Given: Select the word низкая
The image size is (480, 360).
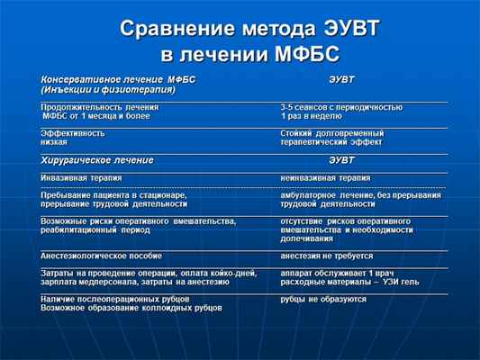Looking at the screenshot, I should pyautogui.click(x=53, y=142).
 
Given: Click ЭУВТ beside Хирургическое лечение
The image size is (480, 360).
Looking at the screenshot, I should pyautogui.click(x=341, y=159).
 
